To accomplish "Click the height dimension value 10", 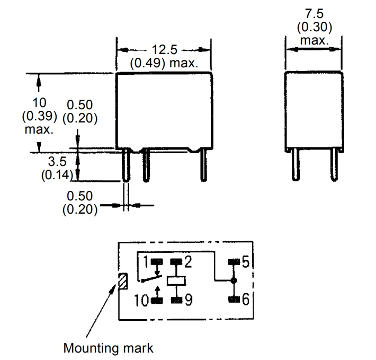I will click(39, 102).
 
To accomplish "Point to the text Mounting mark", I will click(108, 348).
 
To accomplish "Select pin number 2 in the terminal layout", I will click(188, 261).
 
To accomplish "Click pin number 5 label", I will click(245, 261).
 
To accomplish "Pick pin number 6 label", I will click(245, 300).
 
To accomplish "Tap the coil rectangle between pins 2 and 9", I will click(175, 281).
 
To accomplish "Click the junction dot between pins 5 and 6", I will click(233, 280).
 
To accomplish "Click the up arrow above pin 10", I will click(157, 291).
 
